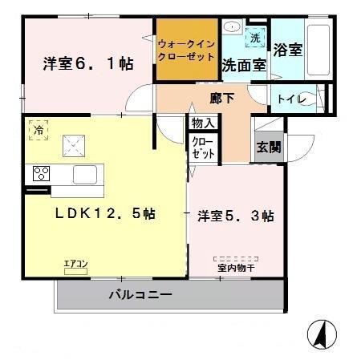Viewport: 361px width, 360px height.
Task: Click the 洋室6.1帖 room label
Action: tap(87, 63)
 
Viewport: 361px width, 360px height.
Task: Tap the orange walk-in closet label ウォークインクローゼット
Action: tap(186, 51)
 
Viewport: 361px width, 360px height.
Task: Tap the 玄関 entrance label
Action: tap(268, 148)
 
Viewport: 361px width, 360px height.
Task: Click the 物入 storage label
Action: tap(202, 123)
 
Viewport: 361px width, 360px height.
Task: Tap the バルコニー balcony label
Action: tap(140, 295)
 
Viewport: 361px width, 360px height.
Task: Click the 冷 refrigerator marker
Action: tap(38, 127)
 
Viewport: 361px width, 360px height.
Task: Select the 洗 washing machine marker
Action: tap(254, 38)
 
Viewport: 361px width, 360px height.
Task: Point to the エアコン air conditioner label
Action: tap(77, 262)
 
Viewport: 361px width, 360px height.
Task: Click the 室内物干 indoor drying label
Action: tap(236, 268)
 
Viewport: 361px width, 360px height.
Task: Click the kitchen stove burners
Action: tap(42, 172)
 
